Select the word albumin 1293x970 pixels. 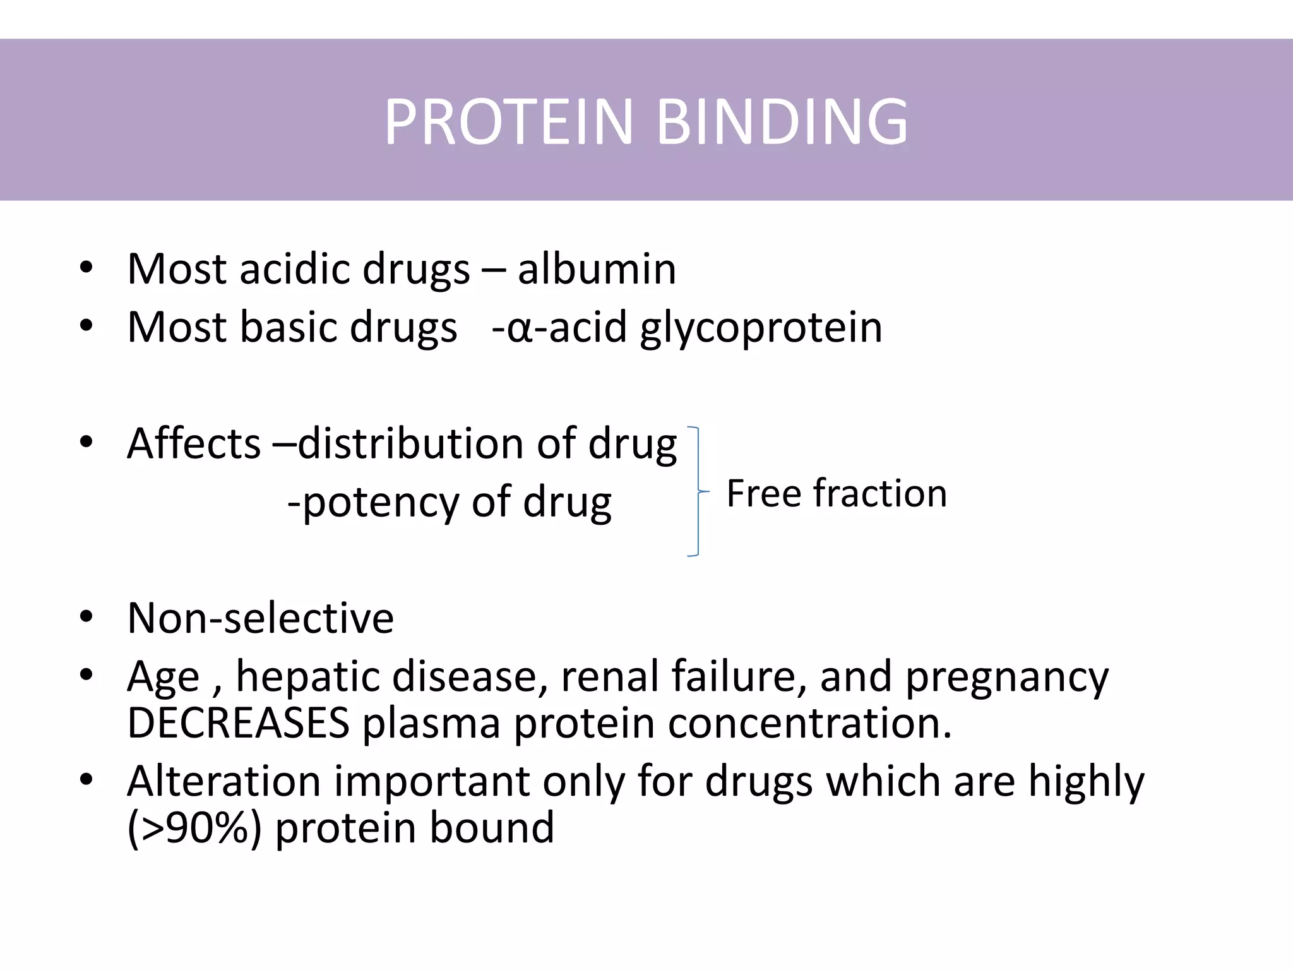pos(597,269)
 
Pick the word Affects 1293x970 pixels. pos(193,443)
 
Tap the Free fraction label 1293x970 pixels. pos(837,493)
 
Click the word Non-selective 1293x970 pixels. pos(260,618)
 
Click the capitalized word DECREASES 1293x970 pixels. pos(238,722)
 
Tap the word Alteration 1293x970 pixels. pos(223,781)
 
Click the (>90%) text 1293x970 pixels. pos(194,828)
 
